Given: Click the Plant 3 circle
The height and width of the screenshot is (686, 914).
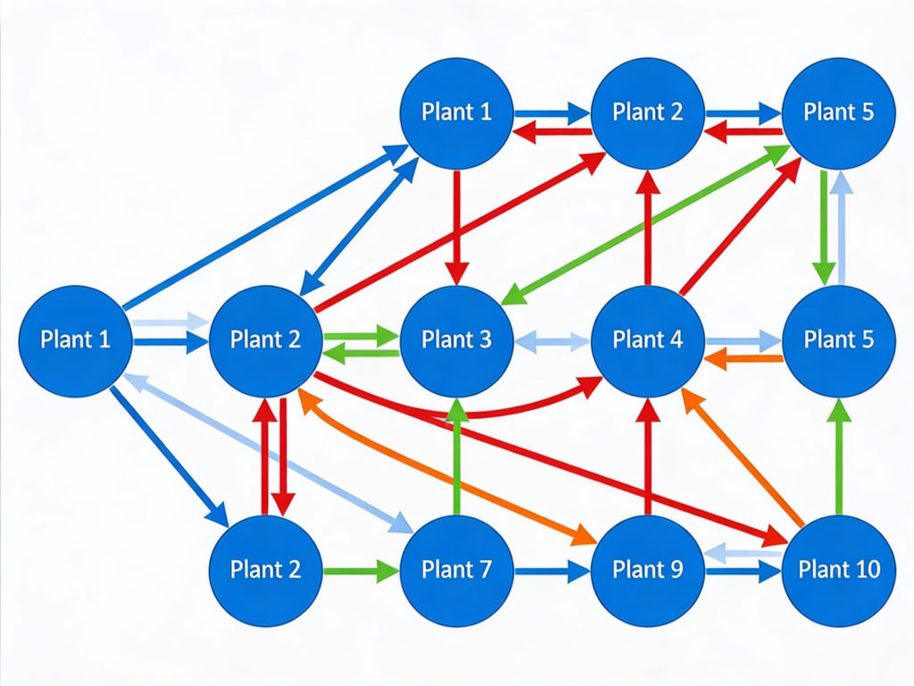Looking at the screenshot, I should [x=456, y=340].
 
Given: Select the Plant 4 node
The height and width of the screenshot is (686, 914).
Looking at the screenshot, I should [x=647, y=340].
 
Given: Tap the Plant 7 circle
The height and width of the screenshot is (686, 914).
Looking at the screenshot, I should [x=456, y=569].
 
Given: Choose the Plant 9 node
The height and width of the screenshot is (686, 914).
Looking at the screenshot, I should [x=647, y=569].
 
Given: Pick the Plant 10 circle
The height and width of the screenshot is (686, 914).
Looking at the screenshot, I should [x=838, y=569].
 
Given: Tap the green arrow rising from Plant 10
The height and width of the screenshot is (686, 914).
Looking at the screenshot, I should [x=839, y=456].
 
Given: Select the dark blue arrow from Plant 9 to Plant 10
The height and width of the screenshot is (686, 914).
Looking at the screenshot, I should [x=743, y=572].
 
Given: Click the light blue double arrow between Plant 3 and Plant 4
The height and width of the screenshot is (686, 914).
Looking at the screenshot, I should [x=552, y=340].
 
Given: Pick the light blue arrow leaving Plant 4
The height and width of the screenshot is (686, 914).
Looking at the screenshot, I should [x=743, y=340].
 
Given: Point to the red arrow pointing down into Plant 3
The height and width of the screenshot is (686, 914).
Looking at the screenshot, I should [x=457, y=223].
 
